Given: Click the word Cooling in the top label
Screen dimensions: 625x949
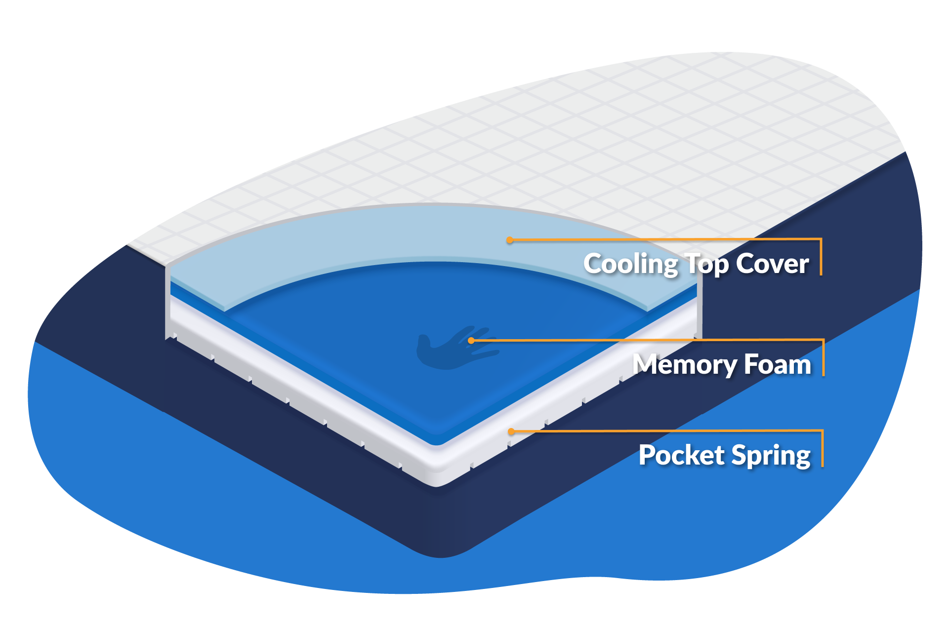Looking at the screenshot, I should [x=630, y=264].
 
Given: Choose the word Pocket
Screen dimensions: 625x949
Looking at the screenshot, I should [x=681, y=455].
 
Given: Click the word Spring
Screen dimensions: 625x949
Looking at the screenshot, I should [x=771, y=456].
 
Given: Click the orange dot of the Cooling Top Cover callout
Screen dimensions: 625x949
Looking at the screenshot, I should [x=510, y=240].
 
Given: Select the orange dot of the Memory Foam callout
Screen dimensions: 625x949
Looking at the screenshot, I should [x=471, y=341].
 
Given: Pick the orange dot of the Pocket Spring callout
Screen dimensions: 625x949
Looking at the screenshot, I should [x=512, y=431].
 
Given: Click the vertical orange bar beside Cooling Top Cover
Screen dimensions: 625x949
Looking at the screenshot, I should [x=821, y=257].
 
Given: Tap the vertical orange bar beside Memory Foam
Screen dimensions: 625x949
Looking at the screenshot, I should [x=823, y=357].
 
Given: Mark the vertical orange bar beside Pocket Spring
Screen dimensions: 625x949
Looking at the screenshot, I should [x=822, y=448].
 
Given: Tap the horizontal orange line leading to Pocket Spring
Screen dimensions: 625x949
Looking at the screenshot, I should [x=667, y=431].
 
